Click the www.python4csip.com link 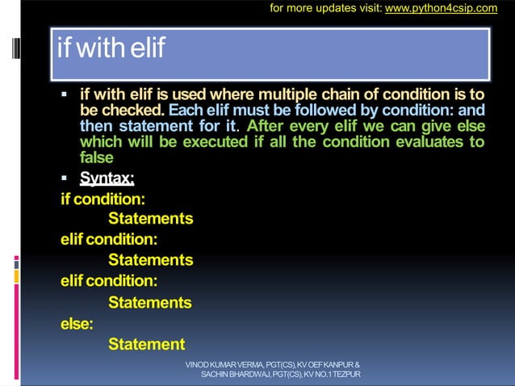[x=451, y=9]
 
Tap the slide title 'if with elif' [x=111, y=49]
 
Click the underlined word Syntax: [x=107, y=177]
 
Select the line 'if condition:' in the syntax [x=97, y=199]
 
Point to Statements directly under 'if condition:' [x=150, y=219]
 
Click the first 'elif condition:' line [x=108, y=240]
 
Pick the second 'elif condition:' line [x=108, y=282]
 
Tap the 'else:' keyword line [x=77, y=324]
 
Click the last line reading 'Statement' [x=146, y=345]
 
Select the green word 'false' [x=96, y=158]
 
